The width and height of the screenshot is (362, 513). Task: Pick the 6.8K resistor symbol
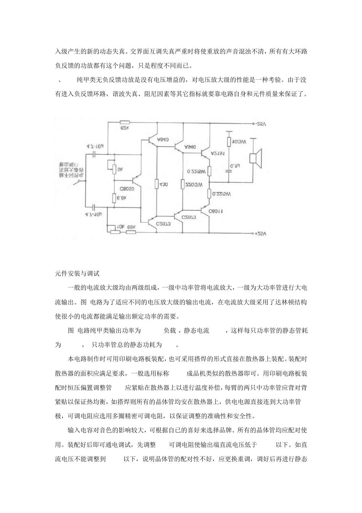click(x=114, y=198)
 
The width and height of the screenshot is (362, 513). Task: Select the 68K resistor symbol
click(x=131, y=231)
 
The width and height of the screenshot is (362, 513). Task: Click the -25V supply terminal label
click(x=262, y=124)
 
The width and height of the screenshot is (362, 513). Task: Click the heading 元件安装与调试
click(x=77, y=274)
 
